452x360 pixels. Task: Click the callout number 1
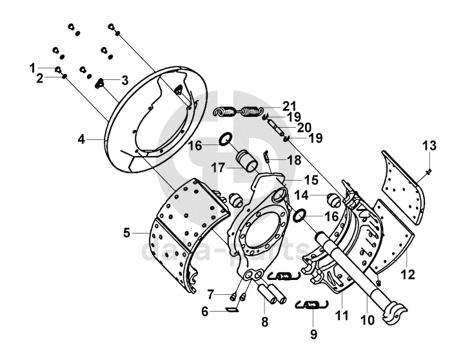32,67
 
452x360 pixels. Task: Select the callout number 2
39,78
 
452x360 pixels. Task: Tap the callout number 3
125,80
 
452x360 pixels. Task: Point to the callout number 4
81,138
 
